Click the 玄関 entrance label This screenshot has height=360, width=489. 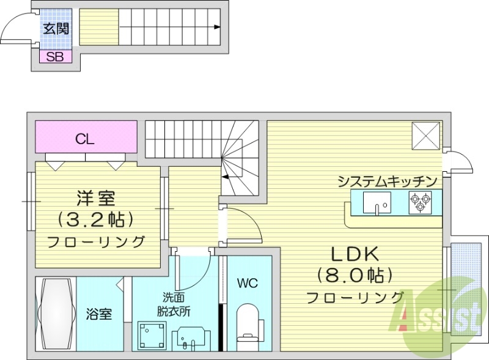(56, 28)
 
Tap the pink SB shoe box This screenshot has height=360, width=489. (56, 57)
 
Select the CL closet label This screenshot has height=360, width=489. (85, 138)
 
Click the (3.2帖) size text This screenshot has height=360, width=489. (96, 218)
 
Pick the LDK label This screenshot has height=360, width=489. (355, 254)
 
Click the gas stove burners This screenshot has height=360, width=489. (420, 202)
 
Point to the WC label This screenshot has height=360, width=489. (248, 283)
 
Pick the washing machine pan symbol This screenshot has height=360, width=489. (150, 334)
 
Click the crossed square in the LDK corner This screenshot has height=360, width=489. (425, 135)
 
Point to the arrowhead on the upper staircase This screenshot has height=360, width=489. (218, 27)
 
